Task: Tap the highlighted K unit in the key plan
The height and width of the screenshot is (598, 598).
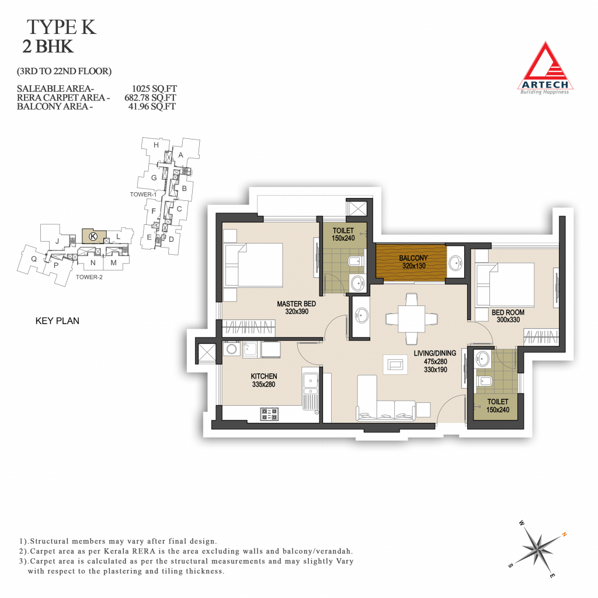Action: coord(94,237)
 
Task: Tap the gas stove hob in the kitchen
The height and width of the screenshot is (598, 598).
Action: coord(269,414)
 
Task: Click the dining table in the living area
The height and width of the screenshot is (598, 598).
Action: coord(412,318)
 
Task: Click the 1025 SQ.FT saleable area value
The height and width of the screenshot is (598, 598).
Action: coord(154,89)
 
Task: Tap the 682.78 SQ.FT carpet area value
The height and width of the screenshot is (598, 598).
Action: coord(150,98)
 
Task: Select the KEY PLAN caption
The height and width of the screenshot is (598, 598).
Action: coord(57,321)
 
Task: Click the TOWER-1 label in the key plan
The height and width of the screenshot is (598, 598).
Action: coord(143,194)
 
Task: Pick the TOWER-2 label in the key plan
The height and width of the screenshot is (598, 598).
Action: coord(89,277)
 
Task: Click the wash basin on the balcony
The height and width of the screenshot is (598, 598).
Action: coord(456,263)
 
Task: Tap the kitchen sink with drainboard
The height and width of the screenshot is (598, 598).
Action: coord(311,388)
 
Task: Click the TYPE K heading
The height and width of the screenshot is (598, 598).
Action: coord(61,27)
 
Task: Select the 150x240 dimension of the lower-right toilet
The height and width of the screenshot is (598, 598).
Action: coord(498,409)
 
